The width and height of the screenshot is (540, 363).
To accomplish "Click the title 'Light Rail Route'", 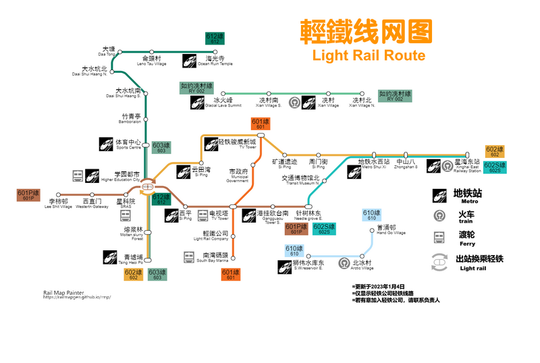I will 368,55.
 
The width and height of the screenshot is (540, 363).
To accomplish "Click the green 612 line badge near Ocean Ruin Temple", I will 215,38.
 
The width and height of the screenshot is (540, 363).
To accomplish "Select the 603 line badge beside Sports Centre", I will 161,148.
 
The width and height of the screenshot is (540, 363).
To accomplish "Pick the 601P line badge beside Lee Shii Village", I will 28,195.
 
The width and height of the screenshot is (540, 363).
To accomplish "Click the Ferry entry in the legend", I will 466,237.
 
